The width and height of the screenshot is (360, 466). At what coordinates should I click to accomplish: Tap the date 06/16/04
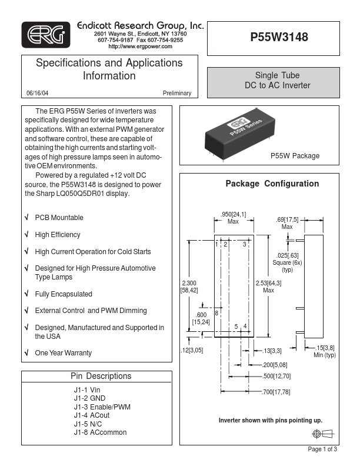tap(38, 94)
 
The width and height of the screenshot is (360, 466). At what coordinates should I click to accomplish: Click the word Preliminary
tap(177, 94)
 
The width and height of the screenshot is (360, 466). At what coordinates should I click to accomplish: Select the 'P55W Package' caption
tap(295, 156)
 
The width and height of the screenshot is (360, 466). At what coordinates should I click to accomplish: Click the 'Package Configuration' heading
tap(272, 184)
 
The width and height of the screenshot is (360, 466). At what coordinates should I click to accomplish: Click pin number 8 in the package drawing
tap(216, 313)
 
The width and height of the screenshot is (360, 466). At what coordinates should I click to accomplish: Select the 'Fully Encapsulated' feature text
tap(64, 294)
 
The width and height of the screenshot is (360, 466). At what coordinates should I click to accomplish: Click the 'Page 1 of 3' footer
tap(322, 450)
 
